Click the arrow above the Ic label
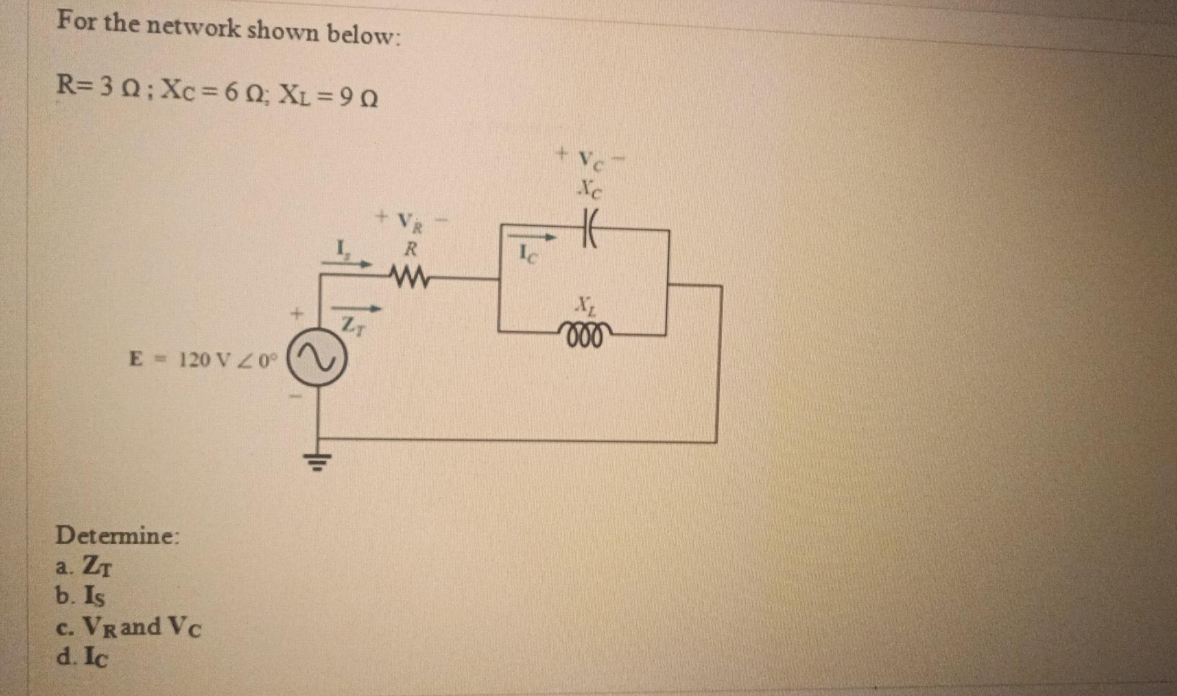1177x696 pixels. click(530, 238)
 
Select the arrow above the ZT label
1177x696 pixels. click(356, 308)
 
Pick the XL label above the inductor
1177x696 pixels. click(585, 303)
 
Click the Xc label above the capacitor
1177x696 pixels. click(589, 189)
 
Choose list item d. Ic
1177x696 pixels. click(83, 657)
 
